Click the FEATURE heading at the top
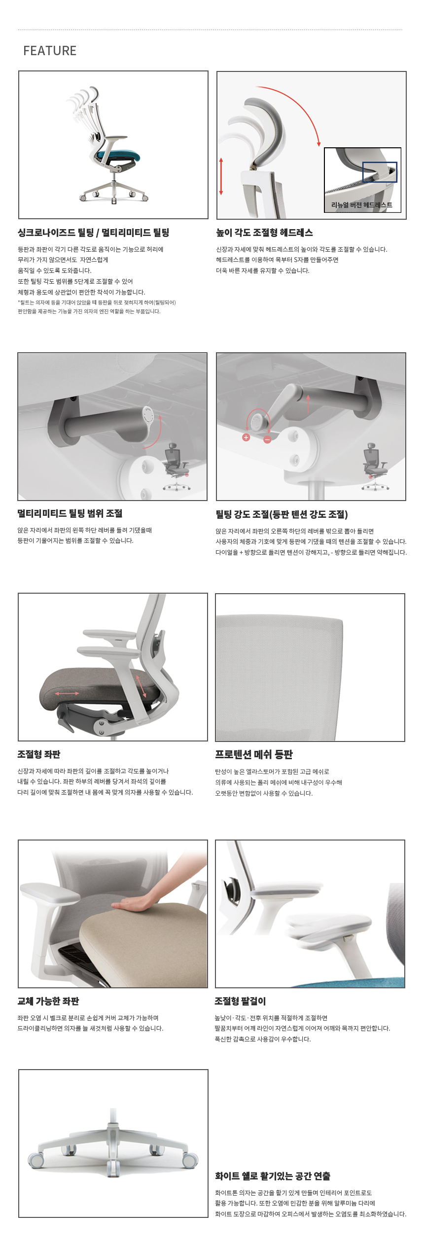coord(50,51)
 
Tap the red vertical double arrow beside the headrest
coord(221,176)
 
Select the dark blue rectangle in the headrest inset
coord(380,172)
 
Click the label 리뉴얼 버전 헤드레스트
coord(362,205)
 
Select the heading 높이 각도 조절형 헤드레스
coord(264,233)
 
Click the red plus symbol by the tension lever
coord(246,437)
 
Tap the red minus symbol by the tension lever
coord(267,439)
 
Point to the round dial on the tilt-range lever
coord(148,415)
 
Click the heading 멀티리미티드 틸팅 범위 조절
coord(70,513)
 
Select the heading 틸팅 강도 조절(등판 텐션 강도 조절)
coord(282,514)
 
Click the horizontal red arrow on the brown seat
coord(67,693)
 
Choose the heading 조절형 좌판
coord(39,754)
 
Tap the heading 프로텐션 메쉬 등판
coord(254,754)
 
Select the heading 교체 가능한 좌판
coord(48,1001)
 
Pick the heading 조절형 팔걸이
coord(240,1001)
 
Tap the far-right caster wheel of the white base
coord(190,1160)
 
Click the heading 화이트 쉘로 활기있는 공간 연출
coord(273,1176)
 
